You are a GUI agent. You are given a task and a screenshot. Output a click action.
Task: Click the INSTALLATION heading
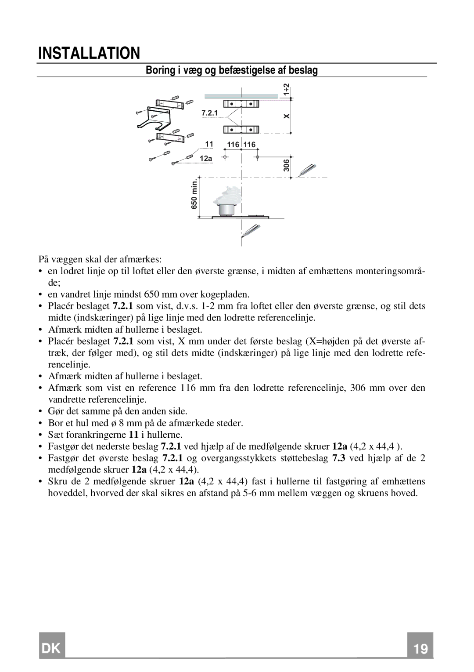tap(89, 53)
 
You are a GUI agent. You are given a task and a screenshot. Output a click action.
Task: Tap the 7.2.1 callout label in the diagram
tap(209, 113)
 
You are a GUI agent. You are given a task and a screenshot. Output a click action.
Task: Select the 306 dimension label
tap(286, 166)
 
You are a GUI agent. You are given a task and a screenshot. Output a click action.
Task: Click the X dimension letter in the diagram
tap(287, 116)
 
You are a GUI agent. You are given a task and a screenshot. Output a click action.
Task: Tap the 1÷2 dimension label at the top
tap(286, 90)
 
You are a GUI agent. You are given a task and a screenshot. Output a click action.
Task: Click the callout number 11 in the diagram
tap(209, 144)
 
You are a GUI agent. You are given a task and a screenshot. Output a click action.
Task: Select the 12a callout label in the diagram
tap(206, 158)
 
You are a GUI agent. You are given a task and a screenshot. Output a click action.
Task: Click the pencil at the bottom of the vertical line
tap(251, 231)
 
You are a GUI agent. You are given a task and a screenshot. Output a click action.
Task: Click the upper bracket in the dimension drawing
tap(241, 104)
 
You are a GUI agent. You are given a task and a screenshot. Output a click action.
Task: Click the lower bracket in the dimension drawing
tap(241, 129)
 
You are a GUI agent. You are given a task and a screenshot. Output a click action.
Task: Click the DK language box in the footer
tap(52, 648)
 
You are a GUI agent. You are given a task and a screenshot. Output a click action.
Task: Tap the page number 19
tap(420, 649)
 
